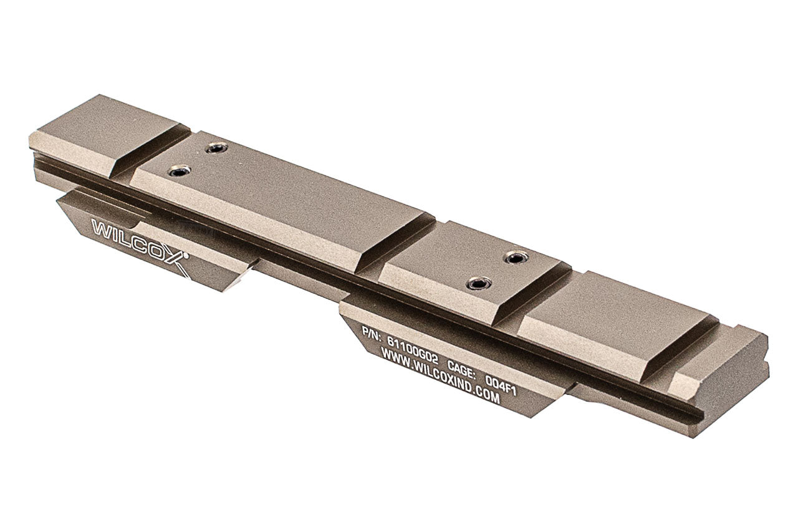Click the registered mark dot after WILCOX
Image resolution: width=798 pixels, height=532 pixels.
(187, 255)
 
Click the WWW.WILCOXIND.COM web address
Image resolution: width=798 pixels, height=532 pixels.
(440, 376)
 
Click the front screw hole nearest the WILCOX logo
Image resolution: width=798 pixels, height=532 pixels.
(179, 170)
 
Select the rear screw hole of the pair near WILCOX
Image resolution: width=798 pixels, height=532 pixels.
(216, 148)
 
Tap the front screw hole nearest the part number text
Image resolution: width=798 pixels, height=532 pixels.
(478, 284)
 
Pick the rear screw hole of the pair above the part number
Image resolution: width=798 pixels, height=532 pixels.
(515, 257)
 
